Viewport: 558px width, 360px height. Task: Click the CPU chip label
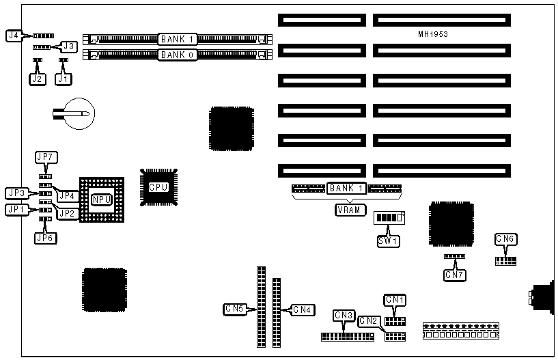158,187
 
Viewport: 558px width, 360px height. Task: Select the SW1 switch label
389,240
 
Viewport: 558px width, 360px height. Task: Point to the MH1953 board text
434,33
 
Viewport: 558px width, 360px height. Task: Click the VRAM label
350,210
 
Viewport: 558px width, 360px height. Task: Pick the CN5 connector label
234,309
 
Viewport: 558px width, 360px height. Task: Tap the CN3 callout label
344,315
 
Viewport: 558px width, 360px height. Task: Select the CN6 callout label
505,238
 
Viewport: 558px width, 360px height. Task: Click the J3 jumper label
68,46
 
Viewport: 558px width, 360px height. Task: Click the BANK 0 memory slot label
178,54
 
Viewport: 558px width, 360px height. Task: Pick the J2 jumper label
37,79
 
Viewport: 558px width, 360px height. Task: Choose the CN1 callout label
395,299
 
